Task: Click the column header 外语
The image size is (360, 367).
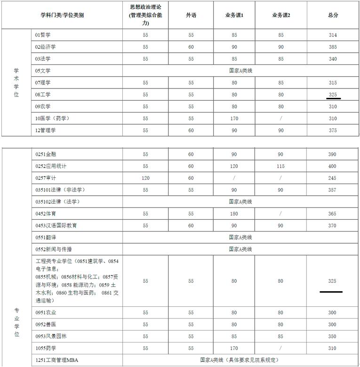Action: (x=191, y=15)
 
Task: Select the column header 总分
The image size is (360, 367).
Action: (x=333, y=15)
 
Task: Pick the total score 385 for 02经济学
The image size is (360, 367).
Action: (x=333, y=47)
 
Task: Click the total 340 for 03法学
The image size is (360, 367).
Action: (x=333, y=59)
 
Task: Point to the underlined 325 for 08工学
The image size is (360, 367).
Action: (x=333, y=95)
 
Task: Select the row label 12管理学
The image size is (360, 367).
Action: (x=46, y=130)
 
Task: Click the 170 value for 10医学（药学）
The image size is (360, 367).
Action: (x=234, y=119)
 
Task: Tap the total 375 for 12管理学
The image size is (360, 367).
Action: (x=333, y=130)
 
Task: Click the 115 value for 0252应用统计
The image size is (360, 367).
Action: (x=280, y=166)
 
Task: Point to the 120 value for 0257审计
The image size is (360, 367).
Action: (x=145, y=178)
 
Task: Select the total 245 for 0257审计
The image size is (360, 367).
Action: (x=333, y=178)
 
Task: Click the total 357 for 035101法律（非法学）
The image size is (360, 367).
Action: (x=333, y=190)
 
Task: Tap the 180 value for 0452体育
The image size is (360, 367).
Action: (x=234, y=214)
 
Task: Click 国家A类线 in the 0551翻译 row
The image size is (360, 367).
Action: (x=240, y=237)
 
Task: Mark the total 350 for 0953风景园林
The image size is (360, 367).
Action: (x=333, y=336)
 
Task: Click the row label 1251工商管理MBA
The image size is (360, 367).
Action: (x=57, y=360)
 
